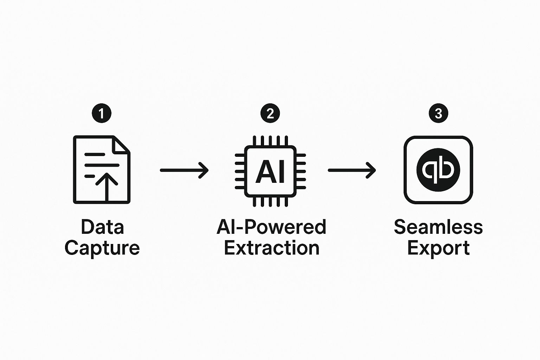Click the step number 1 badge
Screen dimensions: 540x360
102,113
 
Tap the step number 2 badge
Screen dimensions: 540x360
270,113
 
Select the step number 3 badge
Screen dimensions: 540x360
438,113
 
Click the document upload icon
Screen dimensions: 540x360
102,169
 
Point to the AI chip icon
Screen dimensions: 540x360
270,171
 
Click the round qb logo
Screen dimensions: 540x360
438,170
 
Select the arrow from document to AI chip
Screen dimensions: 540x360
184,170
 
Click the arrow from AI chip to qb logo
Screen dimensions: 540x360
352,170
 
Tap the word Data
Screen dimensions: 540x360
102,227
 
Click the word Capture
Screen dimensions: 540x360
102,248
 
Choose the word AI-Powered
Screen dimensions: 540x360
271,227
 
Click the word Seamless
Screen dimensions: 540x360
438,227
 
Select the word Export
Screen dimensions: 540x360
438,248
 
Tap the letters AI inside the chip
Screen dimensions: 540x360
270,172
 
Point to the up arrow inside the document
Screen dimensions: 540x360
107,187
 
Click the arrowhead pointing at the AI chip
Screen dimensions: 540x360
204,170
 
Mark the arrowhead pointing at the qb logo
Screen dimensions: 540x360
371,170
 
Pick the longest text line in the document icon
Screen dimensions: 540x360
102,165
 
